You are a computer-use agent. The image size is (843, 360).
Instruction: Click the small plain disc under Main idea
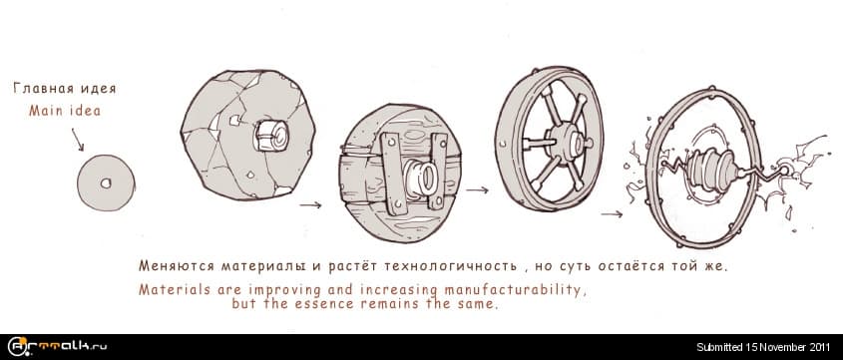pyautogui.click(x=106, y=183)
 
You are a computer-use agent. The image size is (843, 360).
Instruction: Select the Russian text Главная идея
pyautogui.click(x=57, y=88)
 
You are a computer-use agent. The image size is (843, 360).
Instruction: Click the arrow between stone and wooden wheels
pyautogui.click(x=310, y=205)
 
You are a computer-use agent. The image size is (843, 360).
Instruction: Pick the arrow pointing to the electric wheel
pyautogui.click(x=613, y=212)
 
